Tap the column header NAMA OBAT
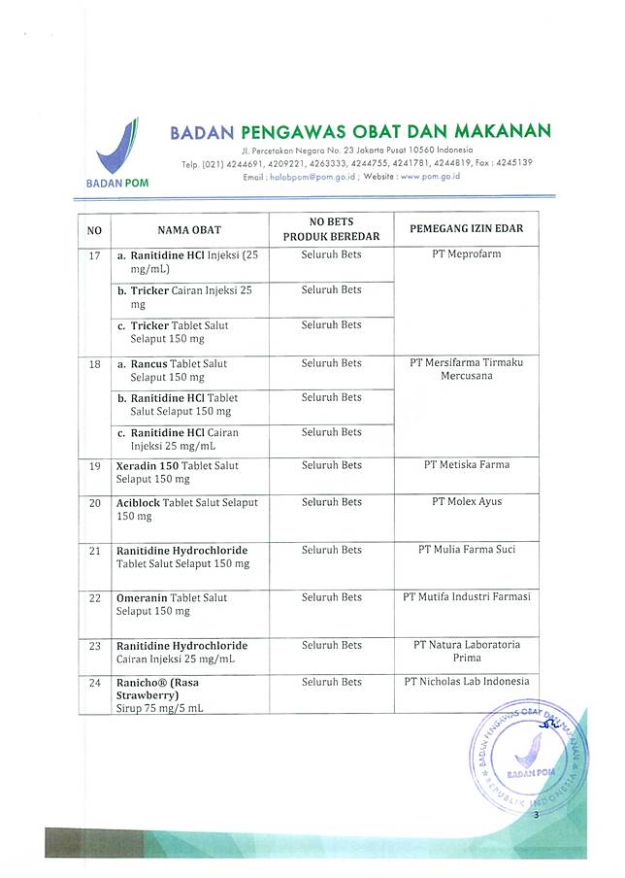point(189,229)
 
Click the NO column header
point(94,230)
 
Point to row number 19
point(94,466)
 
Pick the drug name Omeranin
point(143,598)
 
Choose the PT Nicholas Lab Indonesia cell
point(466,682)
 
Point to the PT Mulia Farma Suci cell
point(466,550)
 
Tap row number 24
point(94,683)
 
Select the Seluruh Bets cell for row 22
point(331,597)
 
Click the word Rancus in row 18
point(150,363)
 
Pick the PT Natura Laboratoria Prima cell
point(466,652)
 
